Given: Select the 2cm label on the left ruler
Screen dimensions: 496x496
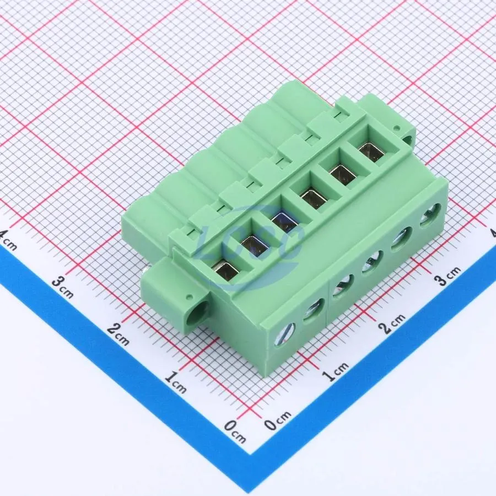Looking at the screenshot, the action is [x=118, y=334].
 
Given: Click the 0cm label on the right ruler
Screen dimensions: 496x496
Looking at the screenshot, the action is [x=278, y=420].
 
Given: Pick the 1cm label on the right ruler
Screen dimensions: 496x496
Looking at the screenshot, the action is [x=335, y=371].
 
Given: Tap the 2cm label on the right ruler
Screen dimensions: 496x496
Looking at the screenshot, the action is [x=392, y=324].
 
